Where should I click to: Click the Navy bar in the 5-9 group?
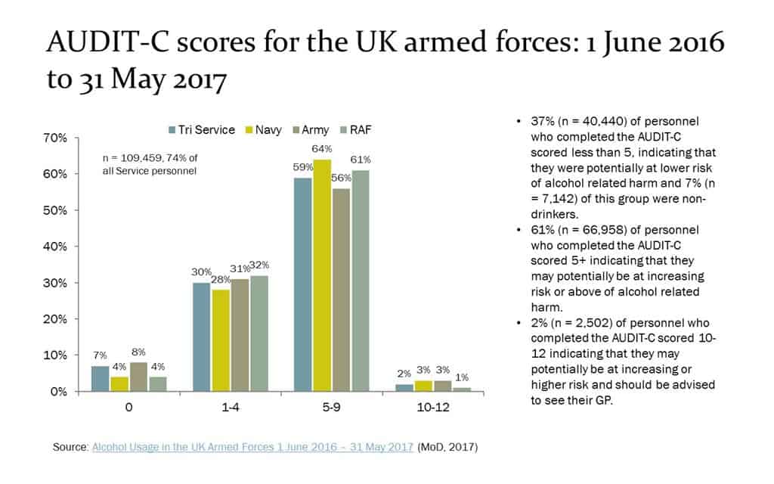(x=321, y=275)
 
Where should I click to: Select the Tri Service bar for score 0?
(x=100, y=378)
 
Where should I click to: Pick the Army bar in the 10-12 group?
(x=444, y=386)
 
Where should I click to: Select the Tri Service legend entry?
(x=201, y=130)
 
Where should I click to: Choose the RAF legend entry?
(x=354, y=130)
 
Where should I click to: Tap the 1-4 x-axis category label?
(x=231, y=407)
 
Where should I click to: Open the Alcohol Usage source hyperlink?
(x=252, y=448)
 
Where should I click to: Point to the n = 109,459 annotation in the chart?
(x=149, y=164)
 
